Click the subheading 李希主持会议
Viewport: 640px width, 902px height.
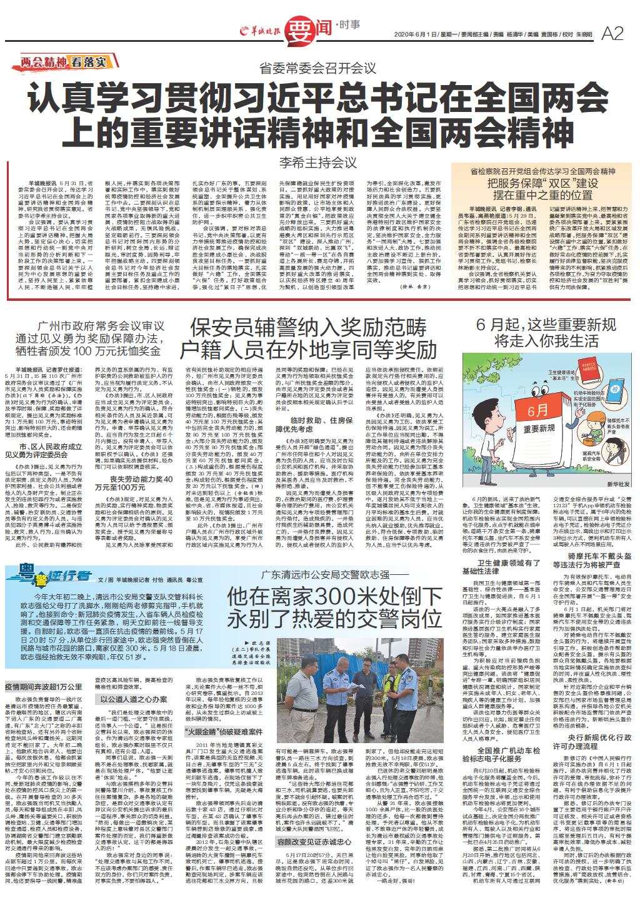pos(319,162)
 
